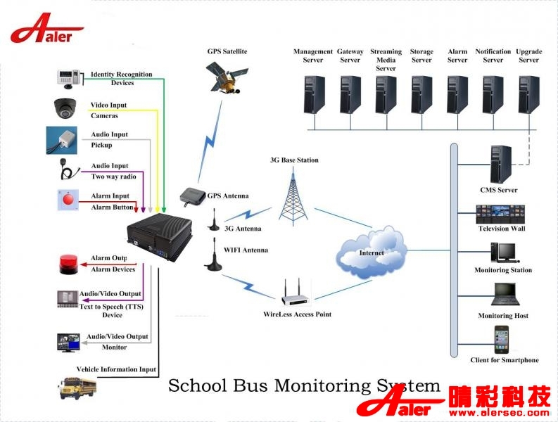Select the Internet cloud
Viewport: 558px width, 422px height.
[372, 252]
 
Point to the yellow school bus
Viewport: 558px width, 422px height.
[77, 387]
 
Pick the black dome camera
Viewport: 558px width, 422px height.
[68, 108]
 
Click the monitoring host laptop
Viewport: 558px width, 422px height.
[504, 295]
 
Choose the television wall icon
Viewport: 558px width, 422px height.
[501, 213]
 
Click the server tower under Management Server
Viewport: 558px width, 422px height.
[313, 94]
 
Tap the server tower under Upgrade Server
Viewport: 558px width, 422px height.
[528, 94]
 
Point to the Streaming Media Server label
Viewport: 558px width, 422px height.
[386, 60]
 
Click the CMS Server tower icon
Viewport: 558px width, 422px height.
[500, 165]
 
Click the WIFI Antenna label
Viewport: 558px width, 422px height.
[246, 250]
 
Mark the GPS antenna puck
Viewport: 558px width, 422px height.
[191, 195]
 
